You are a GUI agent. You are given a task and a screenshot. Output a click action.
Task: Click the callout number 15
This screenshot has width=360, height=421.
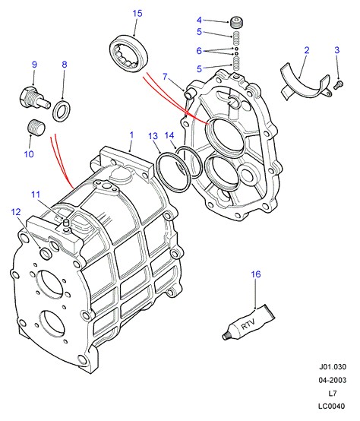pos(137,14)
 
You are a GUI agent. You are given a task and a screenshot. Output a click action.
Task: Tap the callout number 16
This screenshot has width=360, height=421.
pos(256,274)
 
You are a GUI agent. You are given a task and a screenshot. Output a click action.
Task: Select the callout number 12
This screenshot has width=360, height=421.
pos(16,212)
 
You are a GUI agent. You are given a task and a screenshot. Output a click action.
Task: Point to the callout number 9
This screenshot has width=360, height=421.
pos(34,65)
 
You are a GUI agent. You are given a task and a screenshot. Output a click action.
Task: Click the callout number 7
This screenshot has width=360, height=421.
pos(165,77)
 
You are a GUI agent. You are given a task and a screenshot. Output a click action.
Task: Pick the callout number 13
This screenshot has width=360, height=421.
pos(153,136)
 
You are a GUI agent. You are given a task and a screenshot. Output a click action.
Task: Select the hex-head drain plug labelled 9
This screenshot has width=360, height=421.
pos(35,99)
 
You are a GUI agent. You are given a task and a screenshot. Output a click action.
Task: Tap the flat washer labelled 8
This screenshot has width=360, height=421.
pos(62,110)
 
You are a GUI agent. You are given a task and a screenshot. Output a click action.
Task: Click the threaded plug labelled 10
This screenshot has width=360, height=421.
pos(36,127)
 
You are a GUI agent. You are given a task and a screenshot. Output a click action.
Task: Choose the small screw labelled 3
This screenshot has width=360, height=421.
pos(339,85)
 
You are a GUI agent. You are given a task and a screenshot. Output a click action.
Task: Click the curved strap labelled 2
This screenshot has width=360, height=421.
pos(305,84)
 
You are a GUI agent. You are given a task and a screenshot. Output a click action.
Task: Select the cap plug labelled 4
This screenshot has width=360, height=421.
pos(237,22)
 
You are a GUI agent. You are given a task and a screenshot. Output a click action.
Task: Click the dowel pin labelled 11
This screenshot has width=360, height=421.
pos(65,223)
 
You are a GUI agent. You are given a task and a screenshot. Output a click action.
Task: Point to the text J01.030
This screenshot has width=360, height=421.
pos(333,367)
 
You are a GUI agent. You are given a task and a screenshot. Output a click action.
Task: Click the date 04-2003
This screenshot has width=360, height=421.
pos(333,380)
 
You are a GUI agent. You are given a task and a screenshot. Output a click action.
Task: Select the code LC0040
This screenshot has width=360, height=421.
pos(332,407)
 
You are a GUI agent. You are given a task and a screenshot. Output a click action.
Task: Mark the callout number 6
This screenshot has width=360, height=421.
pos(199,50)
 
